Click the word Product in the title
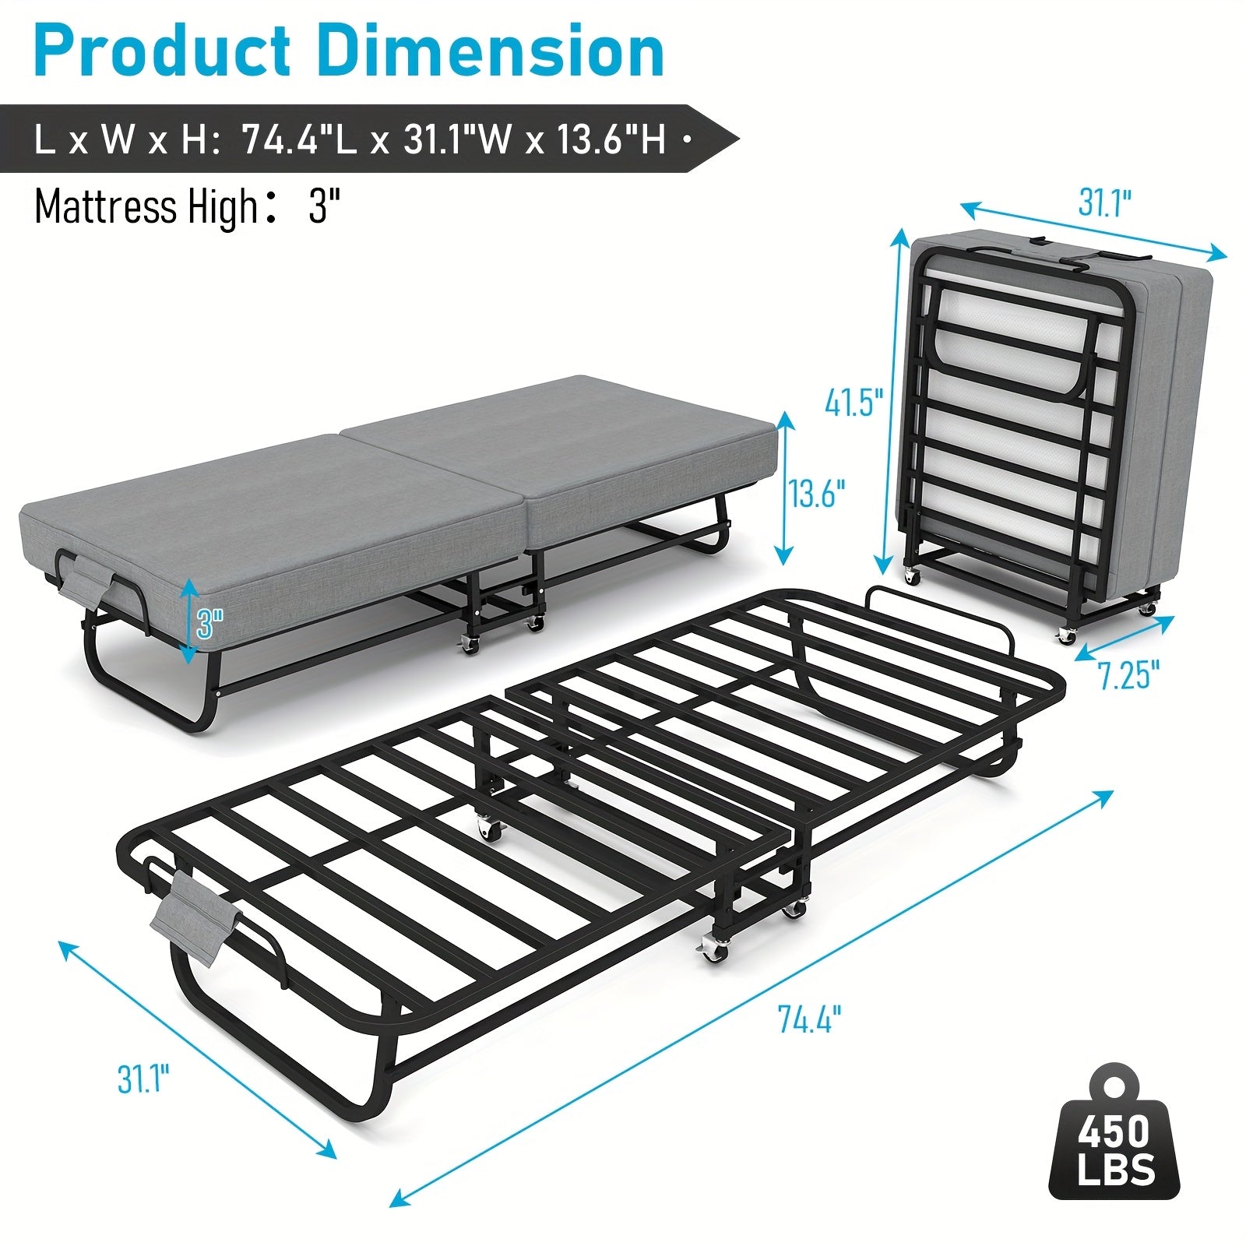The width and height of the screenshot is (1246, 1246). tap(163, 51)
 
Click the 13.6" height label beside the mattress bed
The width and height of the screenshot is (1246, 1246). tap(816, 494)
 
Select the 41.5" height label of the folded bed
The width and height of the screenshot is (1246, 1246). tap(854, 403)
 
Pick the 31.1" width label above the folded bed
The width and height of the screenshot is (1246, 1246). tap(1104, 203)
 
